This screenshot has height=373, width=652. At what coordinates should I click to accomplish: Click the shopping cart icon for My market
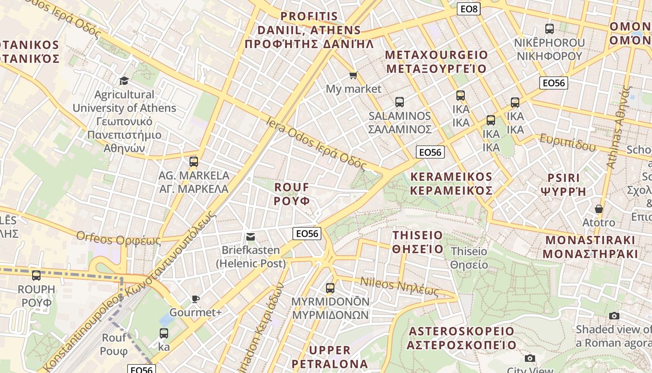click(353, 76)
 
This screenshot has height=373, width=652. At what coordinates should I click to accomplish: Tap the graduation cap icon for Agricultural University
click(124, 81)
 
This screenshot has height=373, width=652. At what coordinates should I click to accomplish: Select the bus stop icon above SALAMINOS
click(399, 102)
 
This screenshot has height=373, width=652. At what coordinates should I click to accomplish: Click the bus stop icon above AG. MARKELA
click(194, 162)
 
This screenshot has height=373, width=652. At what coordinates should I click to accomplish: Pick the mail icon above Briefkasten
click(251, 237)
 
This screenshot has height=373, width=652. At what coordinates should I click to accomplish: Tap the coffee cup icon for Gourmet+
click(195, 299)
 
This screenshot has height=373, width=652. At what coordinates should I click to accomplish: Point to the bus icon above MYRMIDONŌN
click(330, 288)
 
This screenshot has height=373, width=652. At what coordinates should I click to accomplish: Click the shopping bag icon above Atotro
click(598, 209)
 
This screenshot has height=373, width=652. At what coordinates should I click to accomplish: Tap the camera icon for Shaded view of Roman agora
click(614, 316)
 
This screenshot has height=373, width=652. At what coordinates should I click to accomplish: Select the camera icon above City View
click(530, 358)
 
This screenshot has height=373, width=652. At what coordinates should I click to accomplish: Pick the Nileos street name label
click(400, 286)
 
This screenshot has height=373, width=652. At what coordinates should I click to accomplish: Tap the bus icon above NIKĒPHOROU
click(549, 29)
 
